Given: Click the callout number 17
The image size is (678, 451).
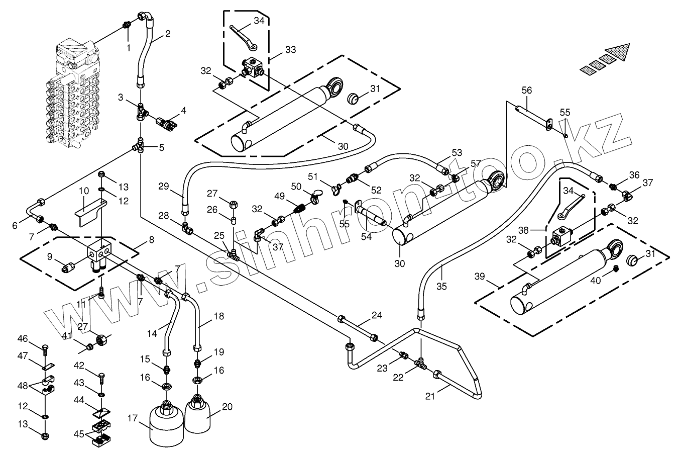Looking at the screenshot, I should coord(133,417).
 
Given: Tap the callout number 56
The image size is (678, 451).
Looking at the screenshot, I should coord(526,91).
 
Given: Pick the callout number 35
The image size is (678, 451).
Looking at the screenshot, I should coord(441,286).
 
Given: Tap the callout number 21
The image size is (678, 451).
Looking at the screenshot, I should coord(429,397).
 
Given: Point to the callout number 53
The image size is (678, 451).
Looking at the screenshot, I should coord(457,152).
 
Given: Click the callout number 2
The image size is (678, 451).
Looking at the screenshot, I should coord(168,34).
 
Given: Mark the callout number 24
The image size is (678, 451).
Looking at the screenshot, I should coord(377,316).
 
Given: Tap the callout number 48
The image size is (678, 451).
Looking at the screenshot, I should coord(23,387).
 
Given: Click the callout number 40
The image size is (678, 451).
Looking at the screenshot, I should coord(595,281).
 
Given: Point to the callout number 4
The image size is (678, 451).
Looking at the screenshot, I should coord(183,110).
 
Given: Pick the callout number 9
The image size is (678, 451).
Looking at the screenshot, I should coord(50,256).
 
